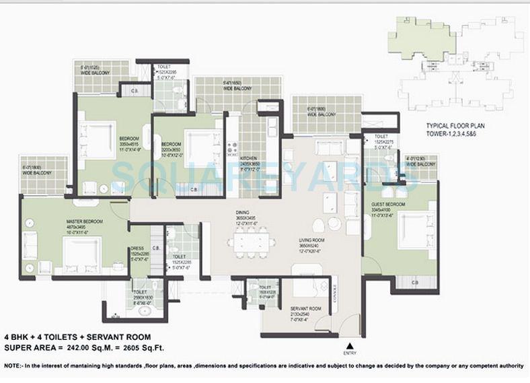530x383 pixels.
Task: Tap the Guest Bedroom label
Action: pyautogui.click(x=388, y=203)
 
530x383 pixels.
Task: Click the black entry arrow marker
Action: pyautogui.click(x=350, y=345)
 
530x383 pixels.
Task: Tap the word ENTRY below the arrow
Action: pyautogui.click(x=350, y=353)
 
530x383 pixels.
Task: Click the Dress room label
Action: pyautogui.click(x=137, y=248)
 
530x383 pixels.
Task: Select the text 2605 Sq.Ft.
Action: pyautogui.click(x=141, y=348)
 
